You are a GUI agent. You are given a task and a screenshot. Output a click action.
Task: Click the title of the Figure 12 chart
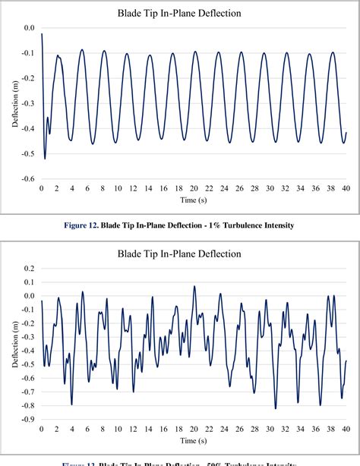[186, 13]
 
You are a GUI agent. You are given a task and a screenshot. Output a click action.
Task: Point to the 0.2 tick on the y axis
[30, 269]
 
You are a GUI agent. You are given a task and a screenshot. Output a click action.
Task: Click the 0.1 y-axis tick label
[30, 282]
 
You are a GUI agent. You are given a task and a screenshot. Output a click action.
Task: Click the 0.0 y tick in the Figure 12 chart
[30, 28]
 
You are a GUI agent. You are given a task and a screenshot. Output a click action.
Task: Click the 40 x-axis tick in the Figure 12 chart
[346, 187]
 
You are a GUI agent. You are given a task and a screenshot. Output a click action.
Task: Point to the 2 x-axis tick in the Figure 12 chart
[57, 187]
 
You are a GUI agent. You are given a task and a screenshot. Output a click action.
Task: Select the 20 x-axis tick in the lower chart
[194, 429]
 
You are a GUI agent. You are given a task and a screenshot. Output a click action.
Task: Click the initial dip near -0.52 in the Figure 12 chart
[45, 158]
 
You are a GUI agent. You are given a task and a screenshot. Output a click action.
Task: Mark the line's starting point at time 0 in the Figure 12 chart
[42, 34]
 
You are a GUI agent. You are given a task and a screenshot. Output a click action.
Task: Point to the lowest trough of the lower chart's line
[275, 408]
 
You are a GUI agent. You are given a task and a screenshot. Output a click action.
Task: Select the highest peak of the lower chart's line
[194, 287]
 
